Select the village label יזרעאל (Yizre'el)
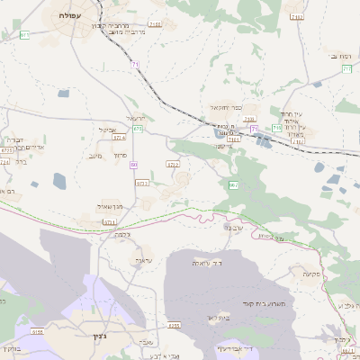pyautogui.click(x=136, y=119)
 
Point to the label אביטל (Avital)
pyautogui.click(x=109, y=129)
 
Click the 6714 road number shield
pyautogui.click(x=119, y=138)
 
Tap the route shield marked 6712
pyautogui.click(x=173, y=165)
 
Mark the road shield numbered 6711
pyautogui.click(x=110, y=222)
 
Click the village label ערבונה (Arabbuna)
pyautogui.click(x=232, y=228)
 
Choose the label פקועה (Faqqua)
pyautogui.click(x=312, y=273)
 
